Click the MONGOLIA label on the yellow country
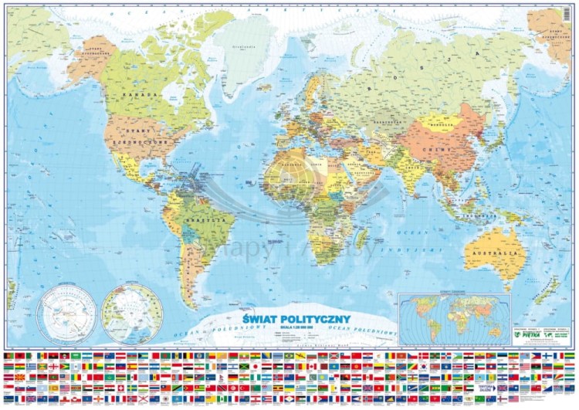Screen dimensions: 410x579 tap(443, 122)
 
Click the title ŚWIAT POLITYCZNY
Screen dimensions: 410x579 tap(307, 318)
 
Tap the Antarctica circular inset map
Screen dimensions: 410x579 tap(66, 313)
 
